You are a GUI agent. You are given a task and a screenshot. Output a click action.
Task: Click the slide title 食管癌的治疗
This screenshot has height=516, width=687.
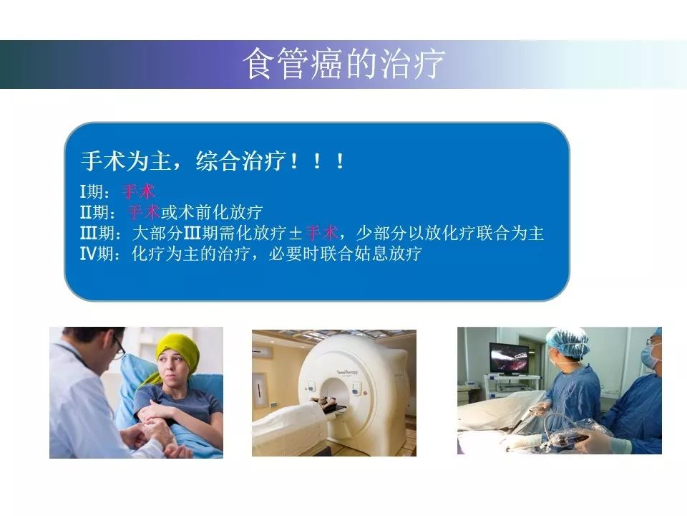tap(344, 64)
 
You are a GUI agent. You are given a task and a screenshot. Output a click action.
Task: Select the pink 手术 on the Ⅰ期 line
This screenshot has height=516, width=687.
tap(138, 192)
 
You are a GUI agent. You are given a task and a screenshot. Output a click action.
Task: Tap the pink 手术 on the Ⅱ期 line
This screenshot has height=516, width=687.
tap(144, 212)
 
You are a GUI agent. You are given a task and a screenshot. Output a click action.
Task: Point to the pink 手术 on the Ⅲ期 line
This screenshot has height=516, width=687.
tap(321, 232)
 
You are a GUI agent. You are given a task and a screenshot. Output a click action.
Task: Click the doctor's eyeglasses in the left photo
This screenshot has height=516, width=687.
tap(119, 348)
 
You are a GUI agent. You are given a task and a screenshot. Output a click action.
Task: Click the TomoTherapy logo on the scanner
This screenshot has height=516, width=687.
tap(347, 373)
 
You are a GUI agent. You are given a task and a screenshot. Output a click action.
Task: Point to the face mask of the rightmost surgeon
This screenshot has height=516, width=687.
tap(650, 357)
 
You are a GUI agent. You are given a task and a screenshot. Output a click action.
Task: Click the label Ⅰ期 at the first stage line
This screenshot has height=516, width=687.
tap(94, 192)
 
